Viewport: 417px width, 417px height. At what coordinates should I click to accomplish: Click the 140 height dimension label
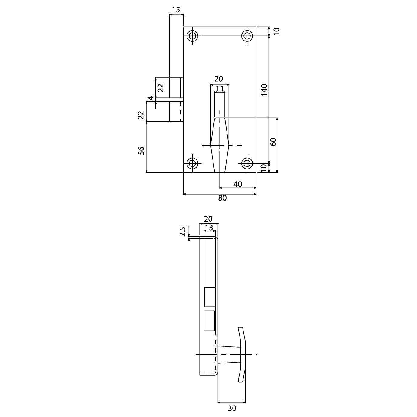click(264, 90)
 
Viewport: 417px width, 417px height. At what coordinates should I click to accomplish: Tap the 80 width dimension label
click(223, 198)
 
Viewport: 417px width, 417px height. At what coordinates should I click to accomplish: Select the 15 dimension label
click(176, 10)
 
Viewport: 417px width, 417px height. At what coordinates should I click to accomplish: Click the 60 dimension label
click(273, 142)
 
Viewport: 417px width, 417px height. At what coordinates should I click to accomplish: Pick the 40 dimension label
click(238, 184)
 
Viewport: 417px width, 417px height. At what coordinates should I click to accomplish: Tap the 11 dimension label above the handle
click(220, 88)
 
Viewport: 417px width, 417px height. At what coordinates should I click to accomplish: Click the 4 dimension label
click(151, 98)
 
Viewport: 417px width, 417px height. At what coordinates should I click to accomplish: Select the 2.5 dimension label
click(183, 231)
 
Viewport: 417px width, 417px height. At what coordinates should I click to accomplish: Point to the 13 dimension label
click(209, 228)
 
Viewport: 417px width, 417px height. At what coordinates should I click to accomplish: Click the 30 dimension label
click(232, 408)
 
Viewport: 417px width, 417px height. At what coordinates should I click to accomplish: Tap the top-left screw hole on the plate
click(192, 36)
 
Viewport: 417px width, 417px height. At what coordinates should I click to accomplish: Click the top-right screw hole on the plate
click(247, 36)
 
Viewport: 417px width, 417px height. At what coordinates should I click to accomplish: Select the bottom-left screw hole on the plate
click(192, 163)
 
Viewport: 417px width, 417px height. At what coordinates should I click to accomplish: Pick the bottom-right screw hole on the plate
click(247, 163)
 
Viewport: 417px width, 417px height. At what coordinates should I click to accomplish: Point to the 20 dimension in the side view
click(208, 219)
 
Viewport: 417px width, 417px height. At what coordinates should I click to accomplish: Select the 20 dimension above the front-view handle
click(219, 79)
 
